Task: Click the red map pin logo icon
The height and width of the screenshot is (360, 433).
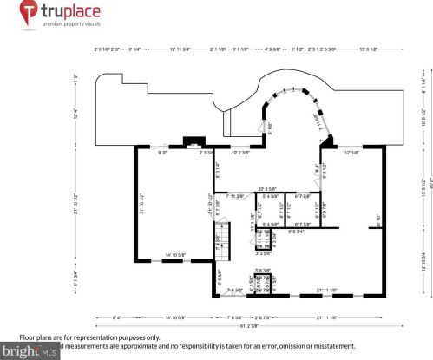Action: (29, 14)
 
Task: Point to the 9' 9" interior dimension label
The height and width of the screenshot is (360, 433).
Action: (162, 153)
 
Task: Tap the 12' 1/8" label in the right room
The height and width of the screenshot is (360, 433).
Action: (351, 153)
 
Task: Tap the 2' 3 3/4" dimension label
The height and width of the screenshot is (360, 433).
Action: (207, 153)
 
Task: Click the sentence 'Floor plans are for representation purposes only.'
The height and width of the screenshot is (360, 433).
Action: (90, 337)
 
